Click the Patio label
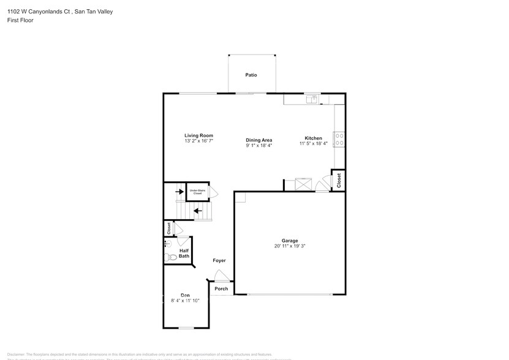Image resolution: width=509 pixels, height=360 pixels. pos(251,75)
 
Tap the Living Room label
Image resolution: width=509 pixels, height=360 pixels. pos(198,135)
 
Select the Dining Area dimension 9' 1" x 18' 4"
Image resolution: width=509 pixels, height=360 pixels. pos(259,146)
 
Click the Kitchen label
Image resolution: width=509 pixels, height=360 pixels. pos(314,138)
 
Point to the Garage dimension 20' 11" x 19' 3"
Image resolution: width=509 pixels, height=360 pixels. pos(290,246)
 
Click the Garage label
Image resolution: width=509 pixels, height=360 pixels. pos(290,241)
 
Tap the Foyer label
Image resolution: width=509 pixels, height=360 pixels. pos(219,260)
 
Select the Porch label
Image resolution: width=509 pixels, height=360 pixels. pos(221,289)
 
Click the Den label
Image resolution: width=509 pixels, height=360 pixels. pos(185,295)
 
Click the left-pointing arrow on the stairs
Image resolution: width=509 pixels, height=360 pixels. pos(198,212)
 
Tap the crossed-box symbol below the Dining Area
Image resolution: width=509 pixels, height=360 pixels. pos(304,184)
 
